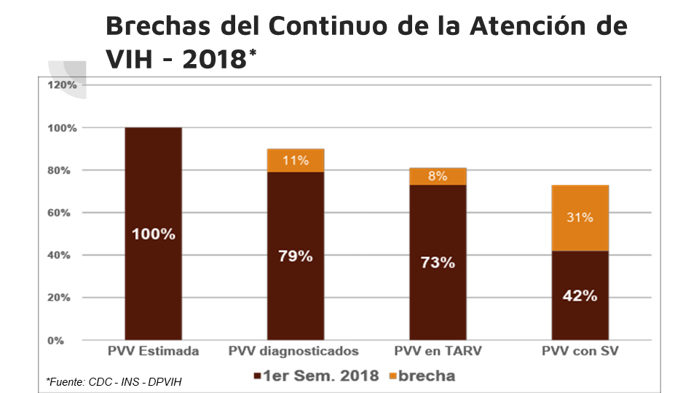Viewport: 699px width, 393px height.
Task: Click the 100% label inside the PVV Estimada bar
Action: [x=153, y=234]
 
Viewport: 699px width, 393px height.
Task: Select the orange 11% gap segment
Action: [x=296, y=161]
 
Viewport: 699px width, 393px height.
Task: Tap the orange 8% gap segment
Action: [x=438, y=176]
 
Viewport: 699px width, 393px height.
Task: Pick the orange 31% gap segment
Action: [x=580, y=218]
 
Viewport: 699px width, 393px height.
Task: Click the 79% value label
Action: [x=296, y=256]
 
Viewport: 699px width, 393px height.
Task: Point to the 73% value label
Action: [x=438, y=263]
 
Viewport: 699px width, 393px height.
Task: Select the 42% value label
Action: [x=580, y=295]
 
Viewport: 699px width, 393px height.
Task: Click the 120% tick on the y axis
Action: [x=63, y=85]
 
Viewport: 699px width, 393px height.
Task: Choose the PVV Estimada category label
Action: [x=153, y=352]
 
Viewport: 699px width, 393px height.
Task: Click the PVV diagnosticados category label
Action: [x=294, y=352]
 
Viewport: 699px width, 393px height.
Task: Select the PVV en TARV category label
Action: [x=438, y=352]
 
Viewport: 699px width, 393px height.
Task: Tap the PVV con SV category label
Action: [x=580, y=352]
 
